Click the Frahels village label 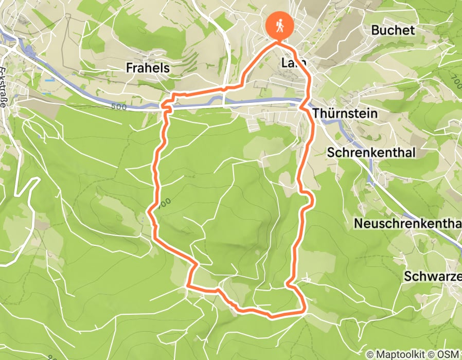coord(148,67)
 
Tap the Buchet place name coord(393,30)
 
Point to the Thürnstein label coord(345,113)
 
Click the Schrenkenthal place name coord(364,153)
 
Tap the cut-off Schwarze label coord(432,276)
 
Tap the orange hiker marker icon coord(279,24)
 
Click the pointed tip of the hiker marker coord(279,40)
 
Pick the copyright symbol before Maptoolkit coord(370,354)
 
